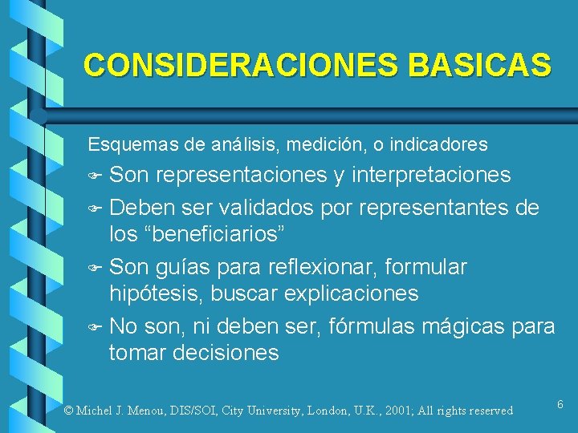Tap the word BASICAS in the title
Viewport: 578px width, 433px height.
[x=479, y=66]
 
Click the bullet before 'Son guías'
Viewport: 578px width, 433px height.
[x=95, y=266]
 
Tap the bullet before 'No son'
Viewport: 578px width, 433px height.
[x=95, y=326]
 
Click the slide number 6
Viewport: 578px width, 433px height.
[x=560, y=406]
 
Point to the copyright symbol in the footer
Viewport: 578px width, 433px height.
[x=68, y=411]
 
